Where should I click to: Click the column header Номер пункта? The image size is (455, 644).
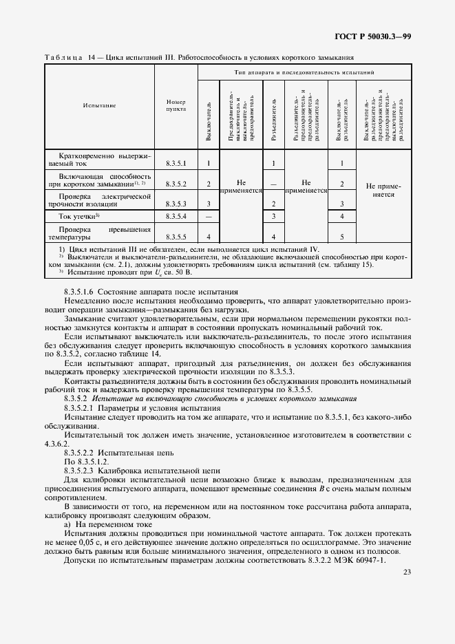click(176, 105)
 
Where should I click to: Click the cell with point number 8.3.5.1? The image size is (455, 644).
click(176, 164)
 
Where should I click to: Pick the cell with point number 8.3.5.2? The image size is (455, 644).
click(176, 184)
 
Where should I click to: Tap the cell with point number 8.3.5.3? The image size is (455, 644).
click(176, 204)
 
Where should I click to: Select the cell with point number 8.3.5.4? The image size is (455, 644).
click(176, 217)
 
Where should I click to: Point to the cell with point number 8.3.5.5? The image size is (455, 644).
click(176, 237)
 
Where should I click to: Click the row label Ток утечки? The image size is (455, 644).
click(79, 217)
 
